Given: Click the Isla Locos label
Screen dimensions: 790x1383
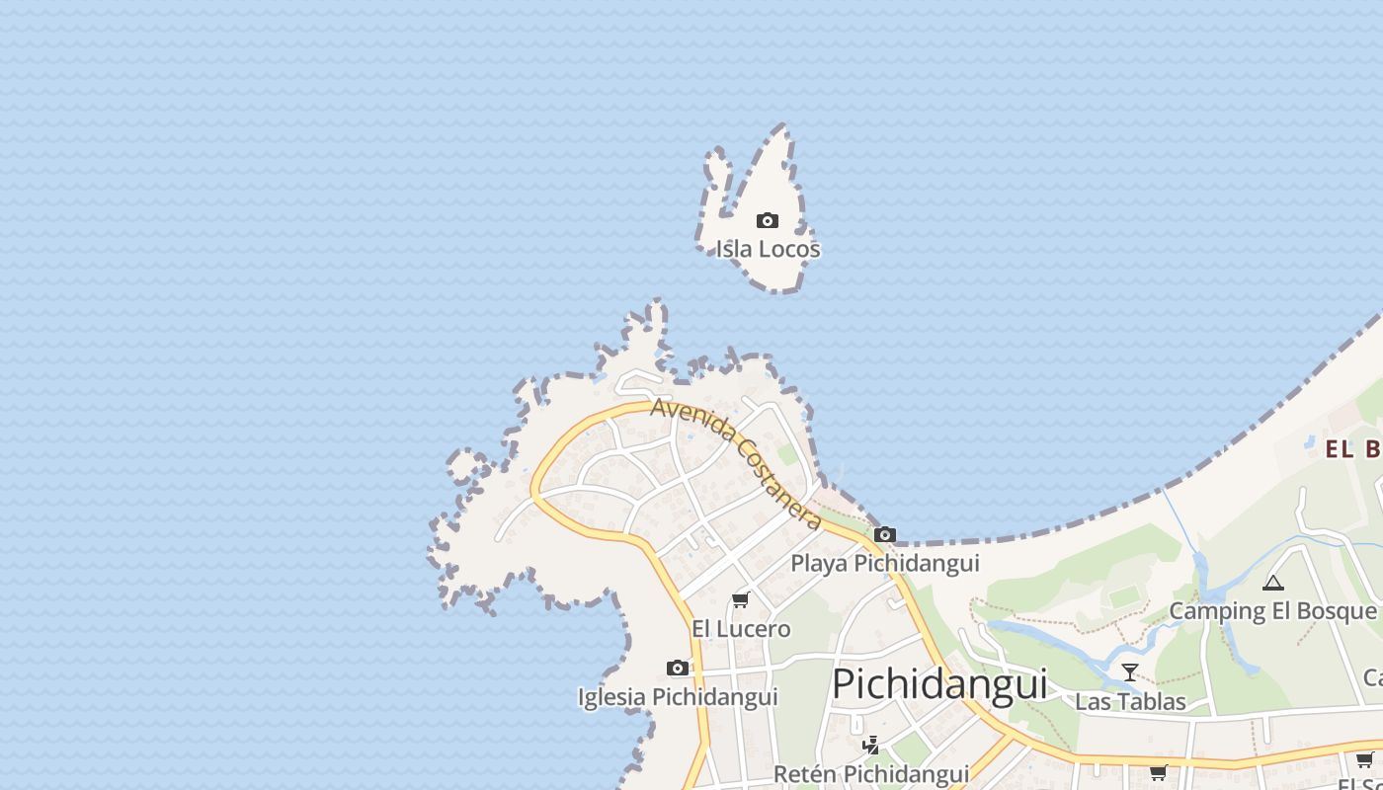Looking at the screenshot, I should point(768,249).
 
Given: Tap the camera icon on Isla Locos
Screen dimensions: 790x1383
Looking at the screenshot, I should point(767,220).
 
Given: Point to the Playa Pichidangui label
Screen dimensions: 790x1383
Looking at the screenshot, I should point(885,563).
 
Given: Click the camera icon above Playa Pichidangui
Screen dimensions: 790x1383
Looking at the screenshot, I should point(885,535).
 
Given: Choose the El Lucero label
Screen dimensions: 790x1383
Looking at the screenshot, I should point(741,629).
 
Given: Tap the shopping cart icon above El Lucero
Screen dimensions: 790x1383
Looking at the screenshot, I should point(740,600).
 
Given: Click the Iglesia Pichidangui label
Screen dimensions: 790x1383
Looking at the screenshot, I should point(678,697).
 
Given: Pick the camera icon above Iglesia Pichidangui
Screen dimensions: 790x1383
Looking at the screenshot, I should point(678,669).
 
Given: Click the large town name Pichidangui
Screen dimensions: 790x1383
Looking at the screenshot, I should point(938,683).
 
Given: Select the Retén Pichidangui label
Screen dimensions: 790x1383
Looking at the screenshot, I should point(870,774).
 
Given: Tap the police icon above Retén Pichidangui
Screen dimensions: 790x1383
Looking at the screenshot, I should point(870,745).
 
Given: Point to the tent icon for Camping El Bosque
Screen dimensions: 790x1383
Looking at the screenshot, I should point(1272,583).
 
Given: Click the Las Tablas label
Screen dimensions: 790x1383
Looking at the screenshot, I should point(1130,702).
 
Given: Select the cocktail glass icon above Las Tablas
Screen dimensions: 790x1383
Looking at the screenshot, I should point(1130,672).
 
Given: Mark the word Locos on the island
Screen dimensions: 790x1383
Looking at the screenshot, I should point(789,249).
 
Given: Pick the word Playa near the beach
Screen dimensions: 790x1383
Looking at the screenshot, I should point(819,563).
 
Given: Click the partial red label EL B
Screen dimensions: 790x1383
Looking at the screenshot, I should point(1352,450).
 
